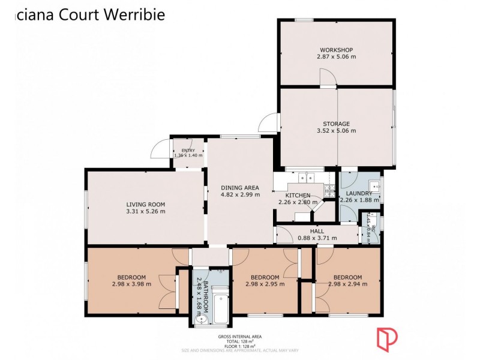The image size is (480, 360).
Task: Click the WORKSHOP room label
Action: tap(335, 50)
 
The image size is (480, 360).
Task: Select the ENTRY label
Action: tap(188, 150)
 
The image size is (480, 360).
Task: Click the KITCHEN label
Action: tap(298, 196)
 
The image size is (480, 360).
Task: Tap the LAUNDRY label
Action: tap(358, 193)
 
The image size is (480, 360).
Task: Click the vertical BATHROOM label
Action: tap(205, 293)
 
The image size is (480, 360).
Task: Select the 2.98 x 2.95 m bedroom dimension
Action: tap(265, 284)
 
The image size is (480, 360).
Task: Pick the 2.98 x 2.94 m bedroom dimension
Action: tap(347, 284)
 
